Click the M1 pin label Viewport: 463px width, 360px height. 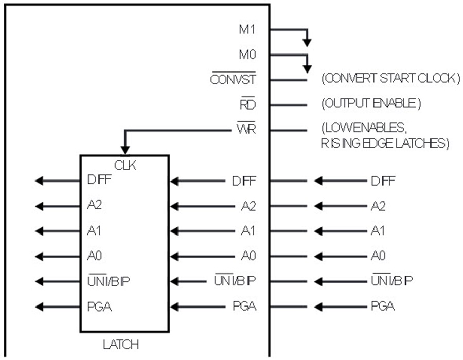click(x=247, y=29)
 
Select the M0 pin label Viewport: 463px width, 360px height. click(x=247, y=55)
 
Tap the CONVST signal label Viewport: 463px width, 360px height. click(x=233, y=79)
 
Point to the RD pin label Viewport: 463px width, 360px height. click(x=248, y=104)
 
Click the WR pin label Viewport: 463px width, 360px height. click(x=246, y=129)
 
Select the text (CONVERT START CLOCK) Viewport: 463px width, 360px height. click(x=390, y=78)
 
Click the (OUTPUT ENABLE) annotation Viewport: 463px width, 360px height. click(x=371, y=103)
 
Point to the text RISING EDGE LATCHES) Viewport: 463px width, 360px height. click(x=385, y=143)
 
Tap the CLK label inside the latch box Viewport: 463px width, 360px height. click(x=125, y=165)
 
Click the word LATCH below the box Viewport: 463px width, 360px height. click(x=121, y=345)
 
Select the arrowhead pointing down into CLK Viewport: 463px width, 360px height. click(x=125, y=150)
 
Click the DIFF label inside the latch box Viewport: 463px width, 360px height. click(x=99, y=179)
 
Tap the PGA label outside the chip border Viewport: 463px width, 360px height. click(x=383, y=307)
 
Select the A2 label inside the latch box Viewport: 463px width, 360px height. click(x=95, y=205)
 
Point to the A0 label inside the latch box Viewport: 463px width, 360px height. click(x=95, y=255)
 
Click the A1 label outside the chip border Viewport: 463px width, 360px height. click(x=378, y=230)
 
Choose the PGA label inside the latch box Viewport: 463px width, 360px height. click(x=99, y=307)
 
